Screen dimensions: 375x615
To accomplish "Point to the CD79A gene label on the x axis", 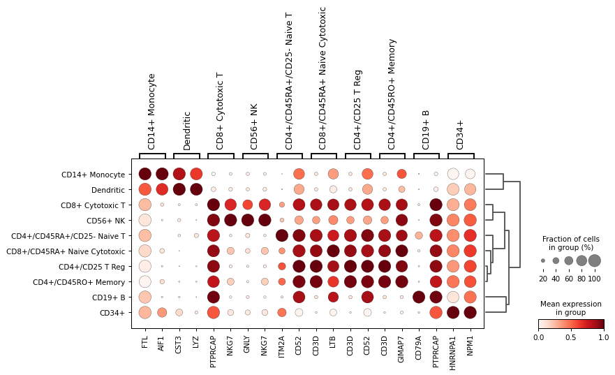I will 419,344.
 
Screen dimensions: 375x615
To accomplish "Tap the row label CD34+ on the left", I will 112,312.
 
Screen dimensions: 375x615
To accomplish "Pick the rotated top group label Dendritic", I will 187,131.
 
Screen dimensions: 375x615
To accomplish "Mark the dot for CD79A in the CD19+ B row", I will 419,297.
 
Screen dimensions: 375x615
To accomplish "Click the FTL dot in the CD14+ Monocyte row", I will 145,174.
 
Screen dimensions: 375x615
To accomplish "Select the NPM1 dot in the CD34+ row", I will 470,312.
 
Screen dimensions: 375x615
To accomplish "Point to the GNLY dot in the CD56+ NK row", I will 248,220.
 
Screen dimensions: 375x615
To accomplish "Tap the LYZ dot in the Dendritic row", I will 196,189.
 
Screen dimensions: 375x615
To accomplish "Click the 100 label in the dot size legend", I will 594,279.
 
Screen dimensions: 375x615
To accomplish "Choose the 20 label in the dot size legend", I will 543,279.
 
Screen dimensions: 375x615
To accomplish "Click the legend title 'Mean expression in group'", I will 570,309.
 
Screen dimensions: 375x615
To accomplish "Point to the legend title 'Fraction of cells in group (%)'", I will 570,243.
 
